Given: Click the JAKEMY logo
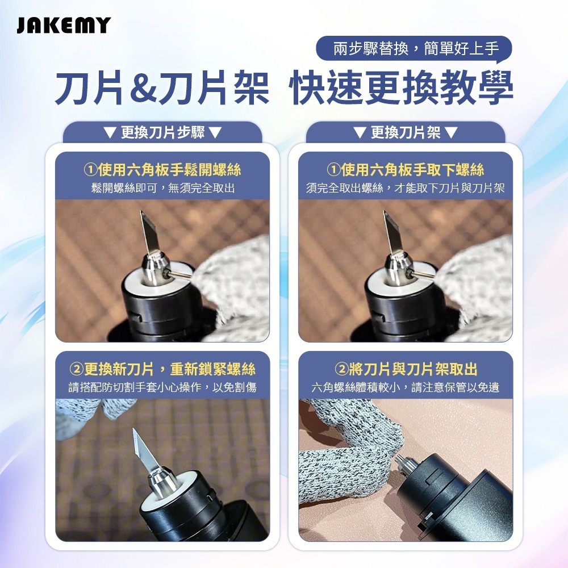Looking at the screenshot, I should click(x=64, y=26).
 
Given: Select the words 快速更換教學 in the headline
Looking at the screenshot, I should click(x=401, y=88).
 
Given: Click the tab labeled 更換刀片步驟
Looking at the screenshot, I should click(x=162, y=133).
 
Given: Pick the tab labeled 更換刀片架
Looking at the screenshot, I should click(x=405, y=133).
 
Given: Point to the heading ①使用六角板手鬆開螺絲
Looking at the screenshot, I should click(x=162, y=169).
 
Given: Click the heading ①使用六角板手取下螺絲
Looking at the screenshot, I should click(x=406, y=169).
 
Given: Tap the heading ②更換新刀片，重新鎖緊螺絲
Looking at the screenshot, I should click(x=162, y=369).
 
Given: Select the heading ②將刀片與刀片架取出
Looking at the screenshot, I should click(x=406, y=369).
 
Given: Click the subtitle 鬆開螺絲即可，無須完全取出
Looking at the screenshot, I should click(x=162, y=187).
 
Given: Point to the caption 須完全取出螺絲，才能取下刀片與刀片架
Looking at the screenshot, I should click(x=406, y=187).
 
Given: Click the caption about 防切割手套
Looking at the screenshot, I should click(x=162, y=388).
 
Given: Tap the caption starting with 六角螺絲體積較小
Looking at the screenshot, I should click(x=406, y=388).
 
